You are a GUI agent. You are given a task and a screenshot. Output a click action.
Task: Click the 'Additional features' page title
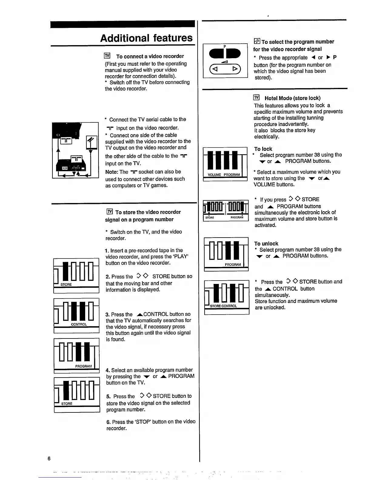click(x=146, y=38)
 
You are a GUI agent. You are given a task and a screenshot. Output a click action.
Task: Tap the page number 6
click(x=49, y=458)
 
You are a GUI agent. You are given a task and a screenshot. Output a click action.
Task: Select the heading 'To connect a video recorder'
click(x=150, y=56)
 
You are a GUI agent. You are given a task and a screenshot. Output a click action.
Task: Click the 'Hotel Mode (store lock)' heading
click(x=292, y=98)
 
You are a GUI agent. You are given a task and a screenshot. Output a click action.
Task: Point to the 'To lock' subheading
click(x=263, y=149)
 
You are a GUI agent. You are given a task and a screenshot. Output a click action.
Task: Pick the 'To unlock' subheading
click(x=266, y=244)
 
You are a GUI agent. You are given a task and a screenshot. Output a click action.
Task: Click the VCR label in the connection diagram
click(x=65, y=168)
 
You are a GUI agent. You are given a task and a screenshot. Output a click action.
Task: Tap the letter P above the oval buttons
click(x=225, y=47)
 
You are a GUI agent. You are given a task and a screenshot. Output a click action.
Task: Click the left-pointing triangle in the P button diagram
click(x=215, y=69)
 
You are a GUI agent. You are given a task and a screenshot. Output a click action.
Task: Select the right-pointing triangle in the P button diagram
click(x=235, y=69)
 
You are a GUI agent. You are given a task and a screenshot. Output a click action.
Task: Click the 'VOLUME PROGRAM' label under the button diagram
click(x=224, y=175)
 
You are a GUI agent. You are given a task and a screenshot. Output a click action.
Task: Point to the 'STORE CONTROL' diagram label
click(x=223, y=306)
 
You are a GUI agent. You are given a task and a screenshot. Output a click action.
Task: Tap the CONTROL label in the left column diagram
click(x=79, y=324)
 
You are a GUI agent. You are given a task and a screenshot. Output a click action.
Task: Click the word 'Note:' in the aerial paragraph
click(x=112, y=172)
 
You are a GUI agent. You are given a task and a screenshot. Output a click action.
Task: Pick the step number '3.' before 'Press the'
click(x=108, y=315)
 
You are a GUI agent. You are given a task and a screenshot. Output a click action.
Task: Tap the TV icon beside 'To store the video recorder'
click(x=109, y=212)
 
